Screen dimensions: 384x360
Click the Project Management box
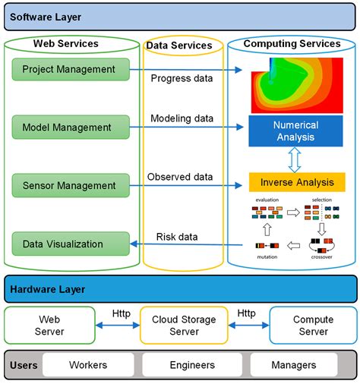click(x=69, y=70)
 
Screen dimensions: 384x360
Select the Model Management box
click(x=69, y=127)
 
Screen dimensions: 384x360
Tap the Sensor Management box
click(x=69, y=185)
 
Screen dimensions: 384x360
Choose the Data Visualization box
click(x=69, y=244)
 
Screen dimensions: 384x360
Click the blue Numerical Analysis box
click(x=296, y=132)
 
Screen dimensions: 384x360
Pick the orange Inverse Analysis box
click(x=296, y=182)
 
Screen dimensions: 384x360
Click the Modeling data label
click(x=182, y=118)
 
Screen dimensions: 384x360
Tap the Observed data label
click(x=181, y=177)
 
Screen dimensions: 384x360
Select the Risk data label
click(x=177, y=237)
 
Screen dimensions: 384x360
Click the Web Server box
click(x=49, y=326)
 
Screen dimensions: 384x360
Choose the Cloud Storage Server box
click(x=184, y=326)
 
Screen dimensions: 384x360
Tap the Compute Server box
click(x=313, y=326)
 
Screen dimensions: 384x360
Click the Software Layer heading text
click(x=46, y=16)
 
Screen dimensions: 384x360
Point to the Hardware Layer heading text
click(x=48, y=289)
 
